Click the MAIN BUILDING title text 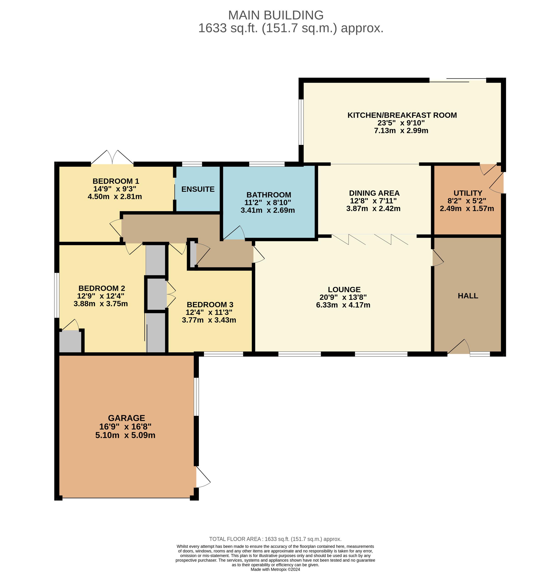pyautogui.click(x=276, y=15)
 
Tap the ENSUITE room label pyautogui.click(x=198, y=189)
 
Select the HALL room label pyautogui.click(x=468, y=296)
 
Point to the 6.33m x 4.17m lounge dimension pyautogui.click(x=343, y=305)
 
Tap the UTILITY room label pyautogui.click(x=468, y=193)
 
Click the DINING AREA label pyautogui.click(x=374, y=193)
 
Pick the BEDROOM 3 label pyautogui.click(x=210, y=305)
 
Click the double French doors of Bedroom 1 pyautogui.click(x=112, y=157)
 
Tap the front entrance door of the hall pyautogui.click(x=458, y=346)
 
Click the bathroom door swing pyautogui.click(x=234, y=233)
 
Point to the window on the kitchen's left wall pyautogui.click(x=301, y=122)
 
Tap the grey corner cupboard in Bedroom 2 pyautogui.click(x=70, y=341)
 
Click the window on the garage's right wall pyautogui.click(x=196, y=397)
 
